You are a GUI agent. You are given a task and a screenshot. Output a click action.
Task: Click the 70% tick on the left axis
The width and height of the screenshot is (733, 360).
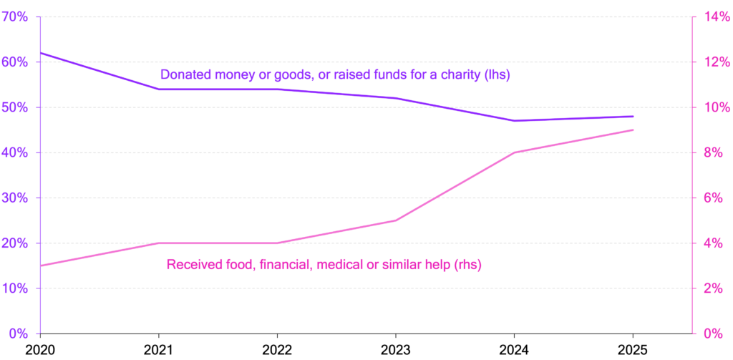pyautogui.click(x=14, y=16)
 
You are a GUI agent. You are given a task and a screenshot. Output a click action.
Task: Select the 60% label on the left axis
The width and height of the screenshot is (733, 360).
pyautogui.click(x=14, y=62)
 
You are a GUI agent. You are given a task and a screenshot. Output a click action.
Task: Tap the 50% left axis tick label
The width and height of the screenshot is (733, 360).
pyautogui.click(x=14, y=107)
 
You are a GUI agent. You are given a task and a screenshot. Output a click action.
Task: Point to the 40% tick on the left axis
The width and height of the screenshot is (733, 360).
pyautogui.click(x=14, y=152)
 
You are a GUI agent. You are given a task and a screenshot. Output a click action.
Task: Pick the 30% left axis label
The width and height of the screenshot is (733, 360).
pyautogui.click(x=14, y=198)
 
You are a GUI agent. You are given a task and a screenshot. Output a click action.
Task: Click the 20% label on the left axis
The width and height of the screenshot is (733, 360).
pyautogui.click(x=14, y=243)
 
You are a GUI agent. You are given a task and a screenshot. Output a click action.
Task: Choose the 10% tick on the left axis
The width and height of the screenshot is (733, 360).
pyautogui.click(x=14, y=288)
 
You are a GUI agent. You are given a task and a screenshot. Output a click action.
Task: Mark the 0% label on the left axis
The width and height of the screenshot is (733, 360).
pyautogui.click(x=17, y=334)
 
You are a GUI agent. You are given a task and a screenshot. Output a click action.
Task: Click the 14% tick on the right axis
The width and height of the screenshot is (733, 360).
pyautogui.click(x=714, y=16)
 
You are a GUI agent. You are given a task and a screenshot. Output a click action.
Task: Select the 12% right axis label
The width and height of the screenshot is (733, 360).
pyautogui.click(x=714, y=62)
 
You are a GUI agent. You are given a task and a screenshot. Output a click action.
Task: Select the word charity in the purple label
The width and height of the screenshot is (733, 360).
pyautogui.click(x=456, y=74)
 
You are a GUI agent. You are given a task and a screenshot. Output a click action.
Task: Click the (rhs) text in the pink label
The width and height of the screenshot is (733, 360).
pyautogui.click(x=468, y=264)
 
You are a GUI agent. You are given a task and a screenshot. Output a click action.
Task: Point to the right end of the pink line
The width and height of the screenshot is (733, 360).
pyautogui.click(x=634, y=130)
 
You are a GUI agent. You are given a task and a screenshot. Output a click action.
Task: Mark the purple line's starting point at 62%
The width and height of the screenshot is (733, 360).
pyautogui.click(x=40, y=52)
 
